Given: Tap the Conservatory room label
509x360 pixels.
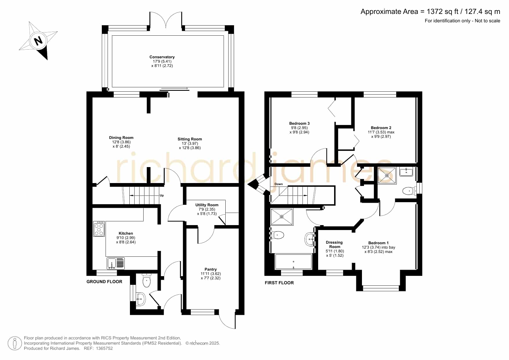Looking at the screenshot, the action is pyautogui.click(x=162, y=57).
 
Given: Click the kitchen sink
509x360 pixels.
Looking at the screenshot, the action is pyautogui.click(x=116, y=263).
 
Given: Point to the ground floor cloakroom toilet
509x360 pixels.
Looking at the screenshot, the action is pyautogui.click(x=147, y=280).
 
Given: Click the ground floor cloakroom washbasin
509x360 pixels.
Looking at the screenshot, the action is pyautogui.click(x=141, y=299).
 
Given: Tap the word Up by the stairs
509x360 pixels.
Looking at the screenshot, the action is pyautogui.click(x=162, y=196).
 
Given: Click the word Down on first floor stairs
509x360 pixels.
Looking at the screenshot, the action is pyautogui.click(x=278, y=184).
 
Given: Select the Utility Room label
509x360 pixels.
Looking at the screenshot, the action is pyautogui.click(x=207, y=205).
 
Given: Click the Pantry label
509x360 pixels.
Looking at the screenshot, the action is pyautogui.click(x=211, y=269).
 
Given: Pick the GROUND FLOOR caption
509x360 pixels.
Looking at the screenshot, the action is pyautogui.click(x=104, y=282).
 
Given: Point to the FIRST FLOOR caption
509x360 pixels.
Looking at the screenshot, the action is pyautogui.click(x=279, y=283).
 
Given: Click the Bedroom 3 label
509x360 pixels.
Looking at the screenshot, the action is pyautogui.click(x=299, y=124).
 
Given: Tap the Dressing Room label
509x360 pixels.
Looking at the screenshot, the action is pyautogui.click(x=334, y=245).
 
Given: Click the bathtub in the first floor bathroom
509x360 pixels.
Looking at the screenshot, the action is pyautogui.click(x=293, y=262).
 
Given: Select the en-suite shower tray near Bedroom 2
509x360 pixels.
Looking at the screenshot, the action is pyautogui.click(x=387, y=176).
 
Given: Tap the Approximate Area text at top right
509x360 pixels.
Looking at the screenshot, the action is pyautogui.click(x=430, y=12).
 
